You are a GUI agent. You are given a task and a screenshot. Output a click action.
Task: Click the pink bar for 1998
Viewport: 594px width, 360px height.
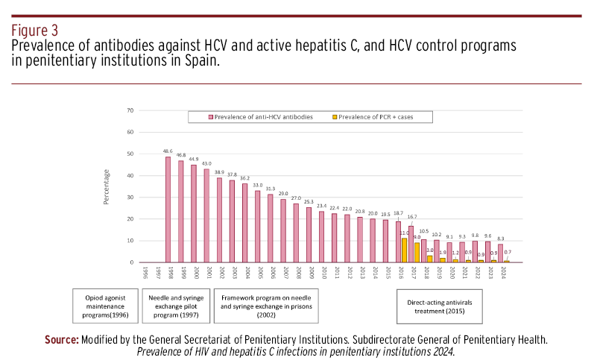click(x=168, y=209)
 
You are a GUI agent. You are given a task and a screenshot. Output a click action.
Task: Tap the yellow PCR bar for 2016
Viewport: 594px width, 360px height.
click(x=404, y=250)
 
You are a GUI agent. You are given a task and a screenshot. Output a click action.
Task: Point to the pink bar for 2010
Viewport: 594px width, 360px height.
click(x=321, y=237)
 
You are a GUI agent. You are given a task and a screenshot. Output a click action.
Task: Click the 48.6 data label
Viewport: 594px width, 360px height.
click(x=168, y=151)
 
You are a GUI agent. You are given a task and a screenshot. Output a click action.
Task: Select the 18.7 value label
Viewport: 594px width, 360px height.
click(x=398, y=213)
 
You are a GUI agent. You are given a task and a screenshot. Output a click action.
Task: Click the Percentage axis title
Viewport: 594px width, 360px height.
click(x=107, y=186)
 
